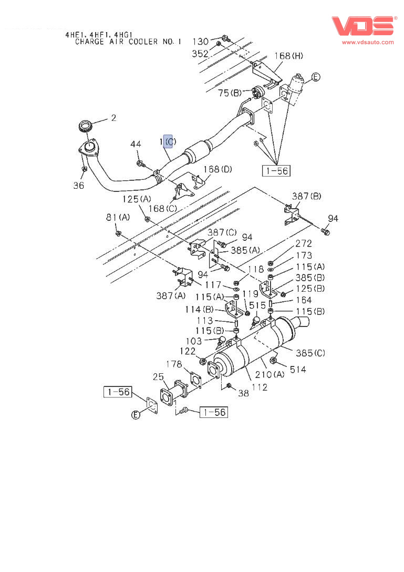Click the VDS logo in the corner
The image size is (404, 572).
[364, 26]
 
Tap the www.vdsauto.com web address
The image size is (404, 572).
[368, 42]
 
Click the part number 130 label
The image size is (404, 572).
[200, 42]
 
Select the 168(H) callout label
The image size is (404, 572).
[288, 56]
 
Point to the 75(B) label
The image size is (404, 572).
[230, 93]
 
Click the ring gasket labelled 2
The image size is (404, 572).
[86, 127]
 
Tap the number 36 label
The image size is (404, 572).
[79, 185]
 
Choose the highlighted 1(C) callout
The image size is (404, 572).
[168, 141]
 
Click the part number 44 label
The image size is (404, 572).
[136, 144]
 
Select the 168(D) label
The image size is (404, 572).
[217, 169]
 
